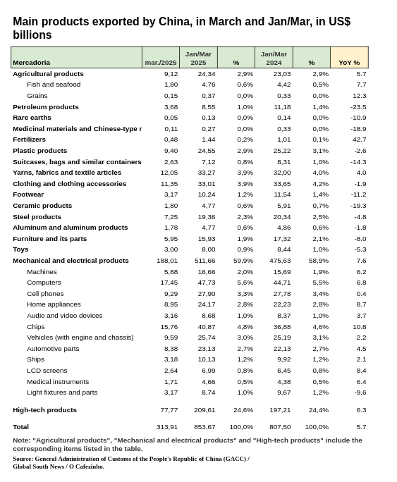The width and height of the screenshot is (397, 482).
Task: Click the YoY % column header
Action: (349, 63)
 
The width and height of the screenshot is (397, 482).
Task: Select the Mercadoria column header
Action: (31, 63)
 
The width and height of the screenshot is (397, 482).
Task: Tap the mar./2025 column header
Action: (161, 63)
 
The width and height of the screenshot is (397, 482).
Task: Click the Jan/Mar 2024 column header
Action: (274, 58)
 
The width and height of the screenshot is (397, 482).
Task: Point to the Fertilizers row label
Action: (29, 140)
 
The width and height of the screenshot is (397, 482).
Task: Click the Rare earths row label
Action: (32, 118)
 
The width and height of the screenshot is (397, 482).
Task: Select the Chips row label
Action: (36, 327)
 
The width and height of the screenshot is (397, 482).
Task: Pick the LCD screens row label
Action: (47, 371)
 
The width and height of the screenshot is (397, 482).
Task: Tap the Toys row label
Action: (20, 249)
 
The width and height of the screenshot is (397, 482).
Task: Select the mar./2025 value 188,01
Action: (167, 261)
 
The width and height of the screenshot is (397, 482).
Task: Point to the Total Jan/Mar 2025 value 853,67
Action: (204, 427)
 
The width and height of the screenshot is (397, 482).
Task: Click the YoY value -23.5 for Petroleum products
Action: (358, 107)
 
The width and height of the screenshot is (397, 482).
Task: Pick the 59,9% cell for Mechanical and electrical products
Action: (243, 261)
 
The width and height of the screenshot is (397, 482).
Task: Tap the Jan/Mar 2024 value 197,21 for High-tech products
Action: (280, 410)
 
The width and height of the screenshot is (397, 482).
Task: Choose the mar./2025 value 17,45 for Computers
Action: (169, 283)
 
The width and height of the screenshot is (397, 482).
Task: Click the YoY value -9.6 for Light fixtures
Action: (360, 393)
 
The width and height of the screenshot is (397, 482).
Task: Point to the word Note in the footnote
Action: (21, 440)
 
